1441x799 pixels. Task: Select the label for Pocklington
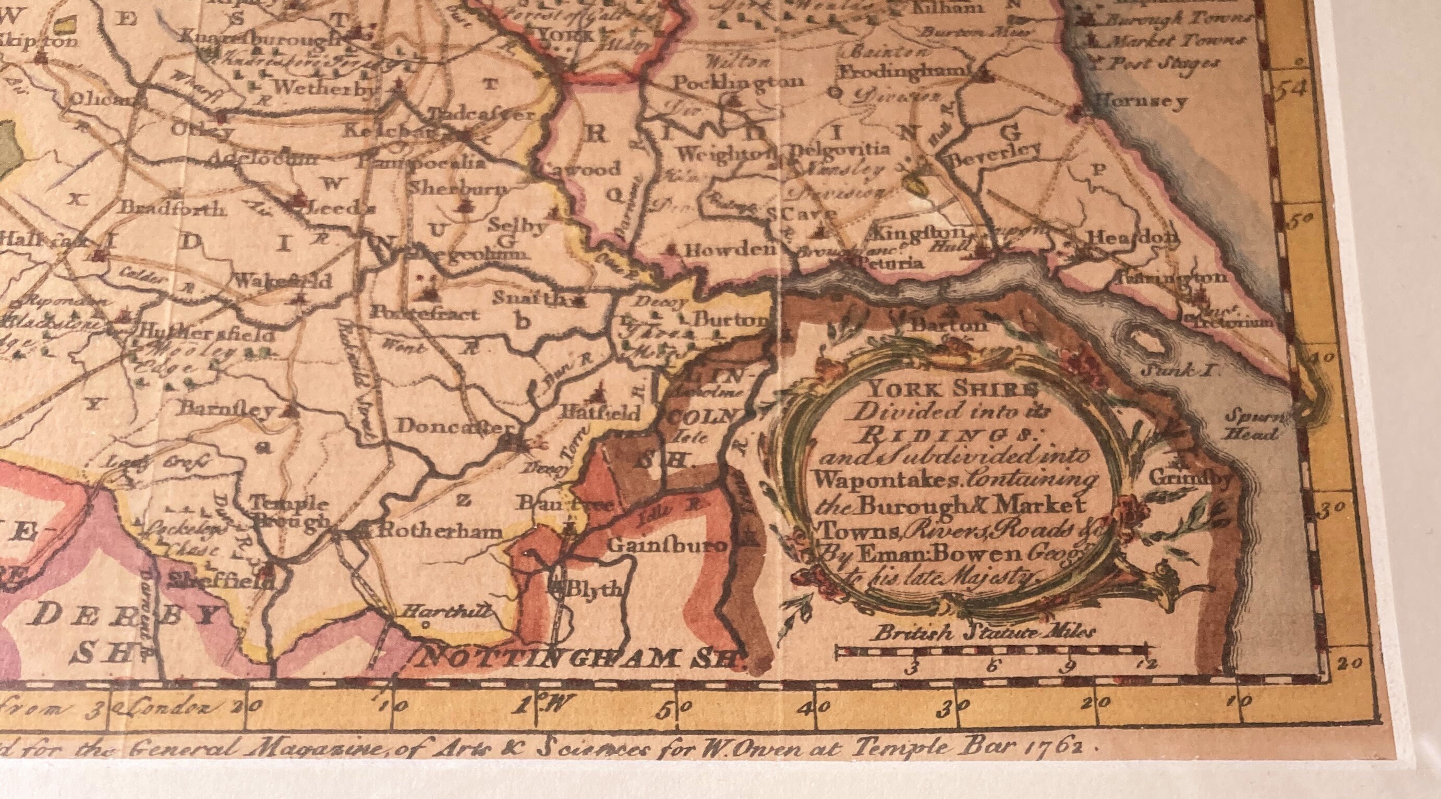[738, 82]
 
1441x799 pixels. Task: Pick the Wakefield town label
[283, 281]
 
